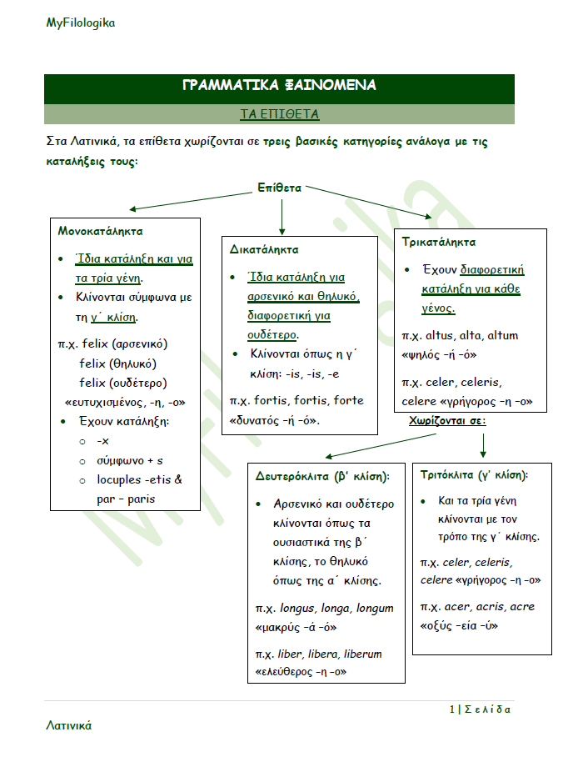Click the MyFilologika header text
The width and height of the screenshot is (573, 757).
(81, 23)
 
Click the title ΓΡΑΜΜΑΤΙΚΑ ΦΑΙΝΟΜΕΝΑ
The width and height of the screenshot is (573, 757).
(279, 85)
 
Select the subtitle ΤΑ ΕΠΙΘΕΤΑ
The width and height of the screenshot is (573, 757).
(279, 113)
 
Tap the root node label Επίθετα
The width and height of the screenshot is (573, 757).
(279, 188)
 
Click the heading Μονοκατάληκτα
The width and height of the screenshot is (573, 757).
(100, 231)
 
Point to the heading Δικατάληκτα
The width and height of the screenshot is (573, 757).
(264, 249)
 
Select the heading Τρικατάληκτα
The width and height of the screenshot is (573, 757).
(438, 242)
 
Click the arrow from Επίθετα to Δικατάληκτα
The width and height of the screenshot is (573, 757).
(282, 216)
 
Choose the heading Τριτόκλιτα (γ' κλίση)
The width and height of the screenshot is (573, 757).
(474, 474)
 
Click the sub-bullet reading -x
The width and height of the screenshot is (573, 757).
(103, 440)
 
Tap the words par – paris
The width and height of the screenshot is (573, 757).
(126, 499)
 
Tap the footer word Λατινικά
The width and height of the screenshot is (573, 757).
(68, 725)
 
